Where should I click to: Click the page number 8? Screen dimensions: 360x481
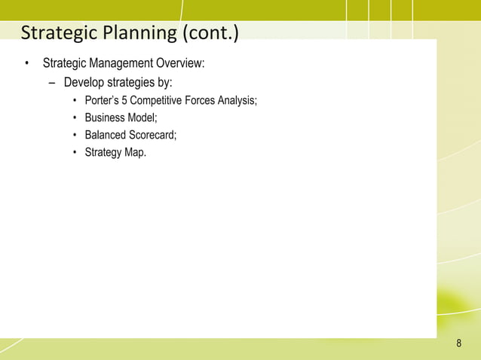[459, 344]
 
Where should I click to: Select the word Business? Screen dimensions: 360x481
[104, 118]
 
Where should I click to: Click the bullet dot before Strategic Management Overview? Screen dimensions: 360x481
[26, 62]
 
